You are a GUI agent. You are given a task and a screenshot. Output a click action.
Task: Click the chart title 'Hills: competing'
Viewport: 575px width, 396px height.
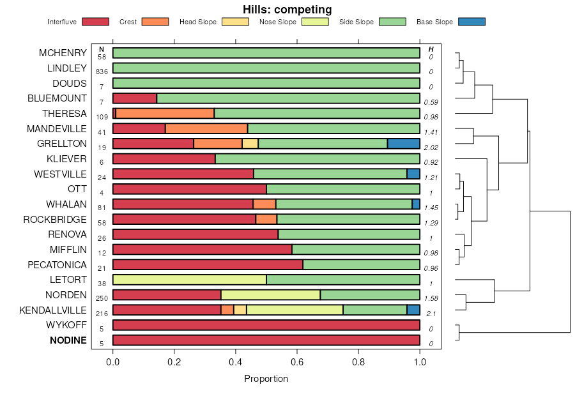pyautogui.click(x=287, y=10)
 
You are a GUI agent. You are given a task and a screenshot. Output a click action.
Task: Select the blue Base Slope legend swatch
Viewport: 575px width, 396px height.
pyautogui.click(x=471, y=22)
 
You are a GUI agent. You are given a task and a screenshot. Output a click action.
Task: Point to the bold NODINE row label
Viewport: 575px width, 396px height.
pyautogui.click(x=68, y=340)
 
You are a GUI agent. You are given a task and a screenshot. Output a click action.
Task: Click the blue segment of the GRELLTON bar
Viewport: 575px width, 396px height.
pyautogui.click(x=403, y=144)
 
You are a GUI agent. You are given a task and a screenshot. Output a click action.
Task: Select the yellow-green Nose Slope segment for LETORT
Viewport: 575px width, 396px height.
pyautogui.click(x=189, y=280)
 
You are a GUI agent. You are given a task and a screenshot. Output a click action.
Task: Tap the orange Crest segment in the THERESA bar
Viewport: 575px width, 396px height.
pyautogui.click(x=165, y=114)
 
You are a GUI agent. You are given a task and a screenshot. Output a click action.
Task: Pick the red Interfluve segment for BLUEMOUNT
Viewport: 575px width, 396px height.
pyautogui.click(x=135, y=98)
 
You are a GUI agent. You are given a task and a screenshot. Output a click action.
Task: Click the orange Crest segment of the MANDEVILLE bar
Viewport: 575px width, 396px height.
pyautogui.click(x=206, y=128)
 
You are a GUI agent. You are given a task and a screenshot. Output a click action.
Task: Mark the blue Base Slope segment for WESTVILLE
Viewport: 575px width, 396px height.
pyautogui.click(x=413, y=174)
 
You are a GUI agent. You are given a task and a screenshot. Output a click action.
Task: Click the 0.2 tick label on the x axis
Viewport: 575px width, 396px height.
pyautogui.click(x=174, y=361)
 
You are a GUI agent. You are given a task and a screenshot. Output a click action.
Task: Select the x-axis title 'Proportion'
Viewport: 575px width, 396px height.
pyautogui.click(x=266, y=379)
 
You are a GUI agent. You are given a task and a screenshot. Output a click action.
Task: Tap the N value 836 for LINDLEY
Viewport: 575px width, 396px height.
pyautogui.click(x=102, y=72)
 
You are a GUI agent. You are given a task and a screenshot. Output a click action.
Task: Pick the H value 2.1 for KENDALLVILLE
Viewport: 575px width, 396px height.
pyautogui.click(x=430, y=314)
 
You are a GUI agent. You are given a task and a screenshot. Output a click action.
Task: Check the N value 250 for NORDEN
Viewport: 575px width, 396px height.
pyautogui.click(x=102, y=298)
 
